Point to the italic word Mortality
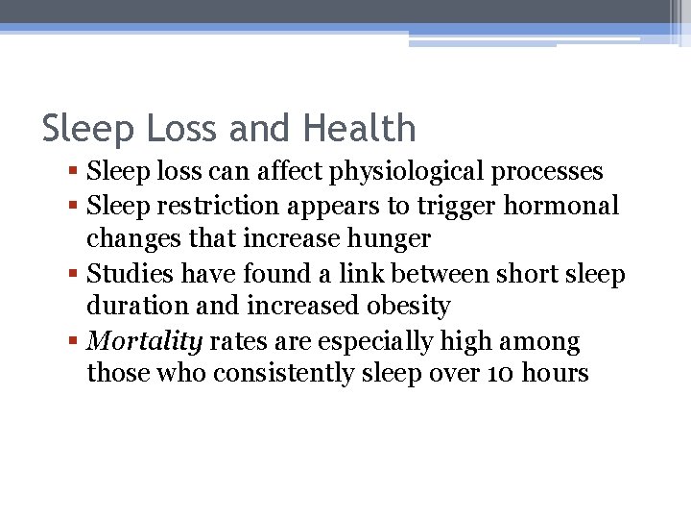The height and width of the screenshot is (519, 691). point(144,342)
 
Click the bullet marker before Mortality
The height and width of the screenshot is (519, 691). point(76,342)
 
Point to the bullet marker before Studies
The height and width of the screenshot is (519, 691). point(76,275)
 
